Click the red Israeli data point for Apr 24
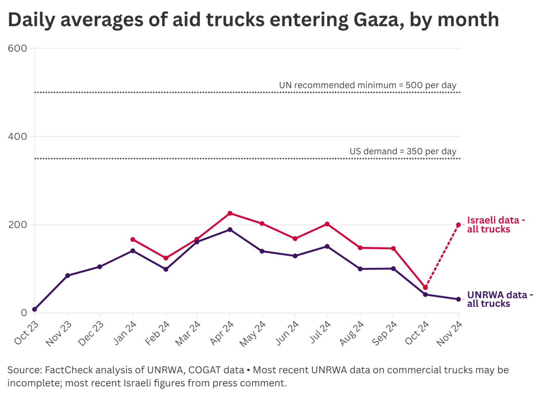230,213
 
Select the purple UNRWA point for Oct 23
35,309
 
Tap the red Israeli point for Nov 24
458,225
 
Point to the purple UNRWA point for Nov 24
458,299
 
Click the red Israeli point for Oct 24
425,287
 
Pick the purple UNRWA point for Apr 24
230,230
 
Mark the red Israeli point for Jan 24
133,239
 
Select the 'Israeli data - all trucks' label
495,225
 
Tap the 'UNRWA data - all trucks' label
499,299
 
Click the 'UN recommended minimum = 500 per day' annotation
367,85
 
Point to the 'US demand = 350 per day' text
402,151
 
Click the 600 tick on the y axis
17,48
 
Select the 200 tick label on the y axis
17,225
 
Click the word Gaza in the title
379,20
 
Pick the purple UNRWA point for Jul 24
327,246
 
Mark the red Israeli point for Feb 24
166,258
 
